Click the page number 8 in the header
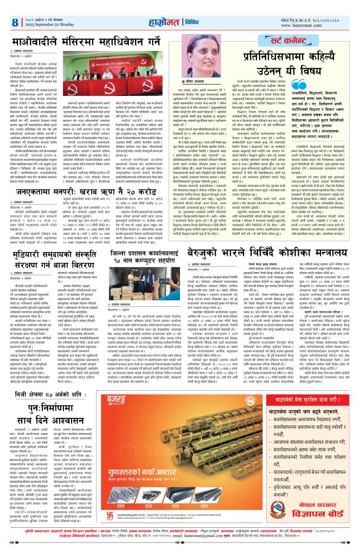click(x=14, y=22)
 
